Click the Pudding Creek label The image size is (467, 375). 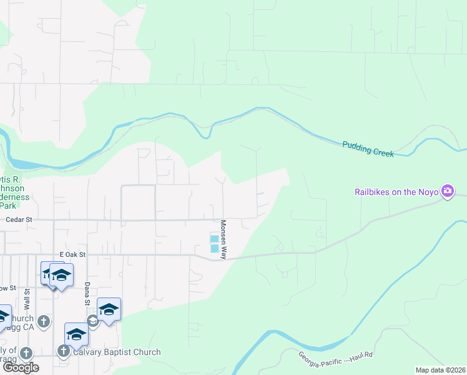tap(368, 149)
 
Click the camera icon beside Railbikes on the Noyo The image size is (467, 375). tap(447, 191)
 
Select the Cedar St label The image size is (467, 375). tap(19, 220)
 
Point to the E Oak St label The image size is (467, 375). tap(72, 255)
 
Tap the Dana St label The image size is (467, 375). tap(87, 293)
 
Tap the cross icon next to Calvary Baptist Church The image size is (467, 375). tap(63, 352)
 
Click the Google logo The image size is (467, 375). tap(21, 367)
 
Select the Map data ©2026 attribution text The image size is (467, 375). tap(440, 370)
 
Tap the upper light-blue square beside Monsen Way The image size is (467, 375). tap(214, 239)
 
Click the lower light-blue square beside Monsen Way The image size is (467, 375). tap(214, 249)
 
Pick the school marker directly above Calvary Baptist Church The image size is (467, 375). tap(76, 334)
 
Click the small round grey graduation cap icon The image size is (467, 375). tap(93, 321)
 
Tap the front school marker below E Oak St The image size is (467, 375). tap(61, 276)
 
